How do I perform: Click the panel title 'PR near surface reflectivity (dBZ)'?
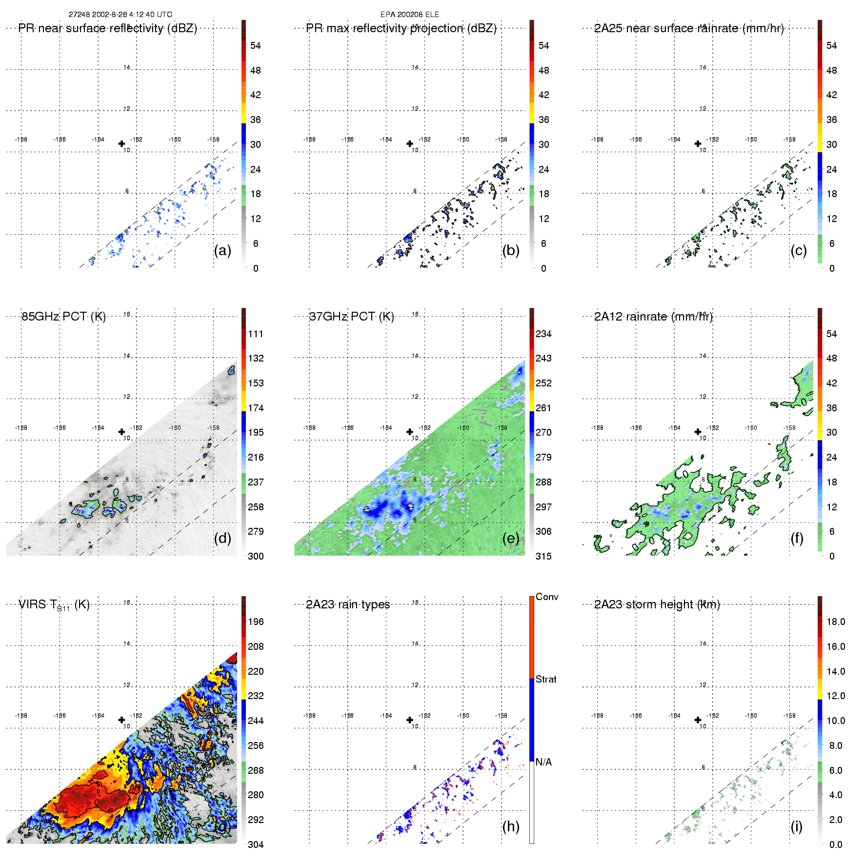coord(107,28)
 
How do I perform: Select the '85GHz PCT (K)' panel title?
coord(63,317)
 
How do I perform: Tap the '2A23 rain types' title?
coord(348,604)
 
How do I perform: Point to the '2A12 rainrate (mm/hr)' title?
coord(653,317)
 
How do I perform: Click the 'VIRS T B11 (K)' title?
coord(54,605)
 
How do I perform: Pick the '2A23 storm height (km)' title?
coord(657,604)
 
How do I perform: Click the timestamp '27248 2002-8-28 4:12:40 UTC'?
coord(120,15)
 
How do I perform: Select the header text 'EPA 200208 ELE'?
coord(410,15)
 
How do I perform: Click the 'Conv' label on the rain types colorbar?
coord(547,597)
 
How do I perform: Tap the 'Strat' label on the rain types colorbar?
coord(546,680)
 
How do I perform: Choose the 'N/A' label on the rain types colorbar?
coord(543,762)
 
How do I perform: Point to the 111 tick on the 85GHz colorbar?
coord(256,334)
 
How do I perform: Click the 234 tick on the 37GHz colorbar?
coord(543,334)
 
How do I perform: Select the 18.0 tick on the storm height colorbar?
coord(836,622)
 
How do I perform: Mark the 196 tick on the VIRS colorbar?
coord(256,622)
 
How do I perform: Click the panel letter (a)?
coord(222,250)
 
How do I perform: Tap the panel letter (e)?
coord(511,538)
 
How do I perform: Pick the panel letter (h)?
coord(511,826)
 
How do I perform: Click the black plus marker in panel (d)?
coord(121,432)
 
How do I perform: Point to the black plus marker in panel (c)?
coord(698,143)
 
